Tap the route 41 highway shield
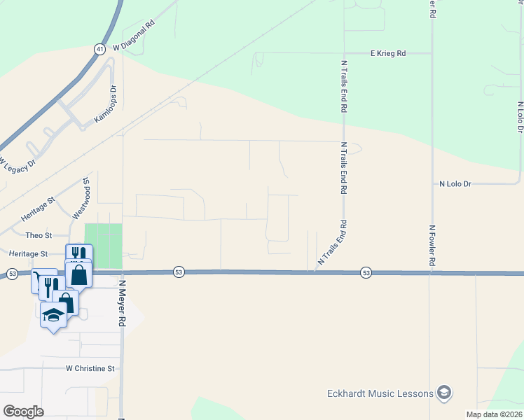pyautogui.click(x=99, y=49)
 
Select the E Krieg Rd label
pyautogui.click(x=387, y=53)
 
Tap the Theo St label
pyautogui.click(x=39, y=235)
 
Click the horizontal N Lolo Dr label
pyautogui.click(x=455, y=184)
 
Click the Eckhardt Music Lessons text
pyautogui.click(x=380, y=393)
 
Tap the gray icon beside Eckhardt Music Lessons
pyautogui.click(x=443, y=393)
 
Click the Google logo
pyautogui.click(x=23, y=412)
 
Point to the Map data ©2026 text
pyautogui.click(x=493, y=414)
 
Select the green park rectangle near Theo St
pyautogui.click(x=103, y=245)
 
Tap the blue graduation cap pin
pyautogui.click(x=54, y=316)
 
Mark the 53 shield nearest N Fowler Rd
pyautogui.click(x=366, y=272)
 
